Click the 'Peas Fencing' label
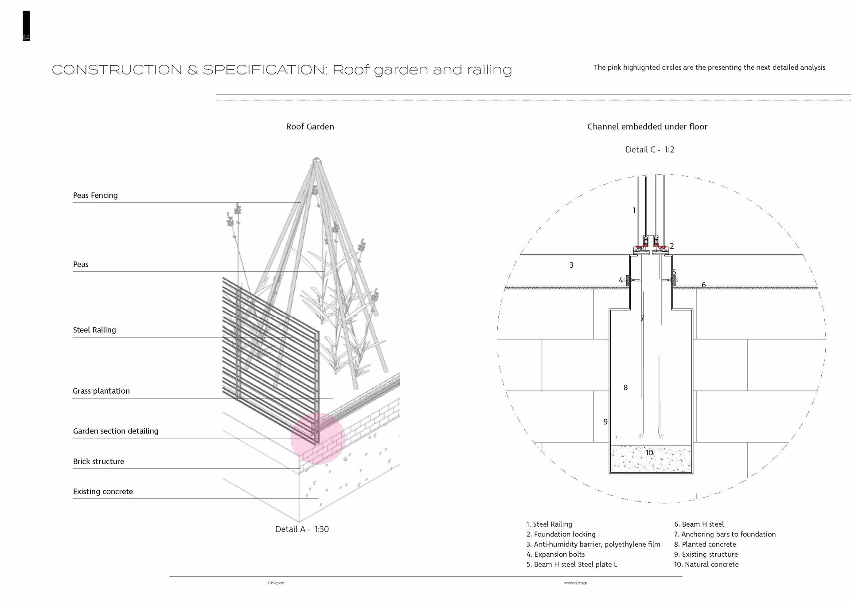tap(95, 195)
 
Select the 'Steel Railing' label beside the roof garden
tap(94, 330)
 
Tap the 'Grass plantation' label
tap(101, 391)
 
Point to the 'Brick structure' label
tap(98, 461)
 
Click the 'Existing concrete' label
tap(103, 492)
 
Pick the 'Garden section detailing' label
tap(116, 431)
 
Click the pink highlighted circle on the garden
tap(318, 438)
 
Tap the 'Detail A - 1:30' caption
tap(302, 529)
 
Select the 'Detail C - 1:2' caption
tap(650, 150)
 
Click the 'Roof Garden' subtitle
tap(310, 127)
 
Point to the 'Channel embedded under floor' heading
tap(647, 127)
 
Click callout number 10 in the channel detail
tap(649, 453)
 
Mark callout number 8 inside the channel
tap(625, 387)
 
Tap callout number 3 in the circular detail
tap(571, 265)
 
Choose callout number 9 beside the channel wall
tap(605, 422)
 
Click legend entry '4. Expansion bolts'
tap(555, 555)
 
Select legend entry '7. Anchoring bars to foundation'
tap(725, 535)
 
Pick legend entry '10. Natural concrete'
tap(706, 565)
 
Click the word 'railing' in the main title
tap(489, 70)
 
